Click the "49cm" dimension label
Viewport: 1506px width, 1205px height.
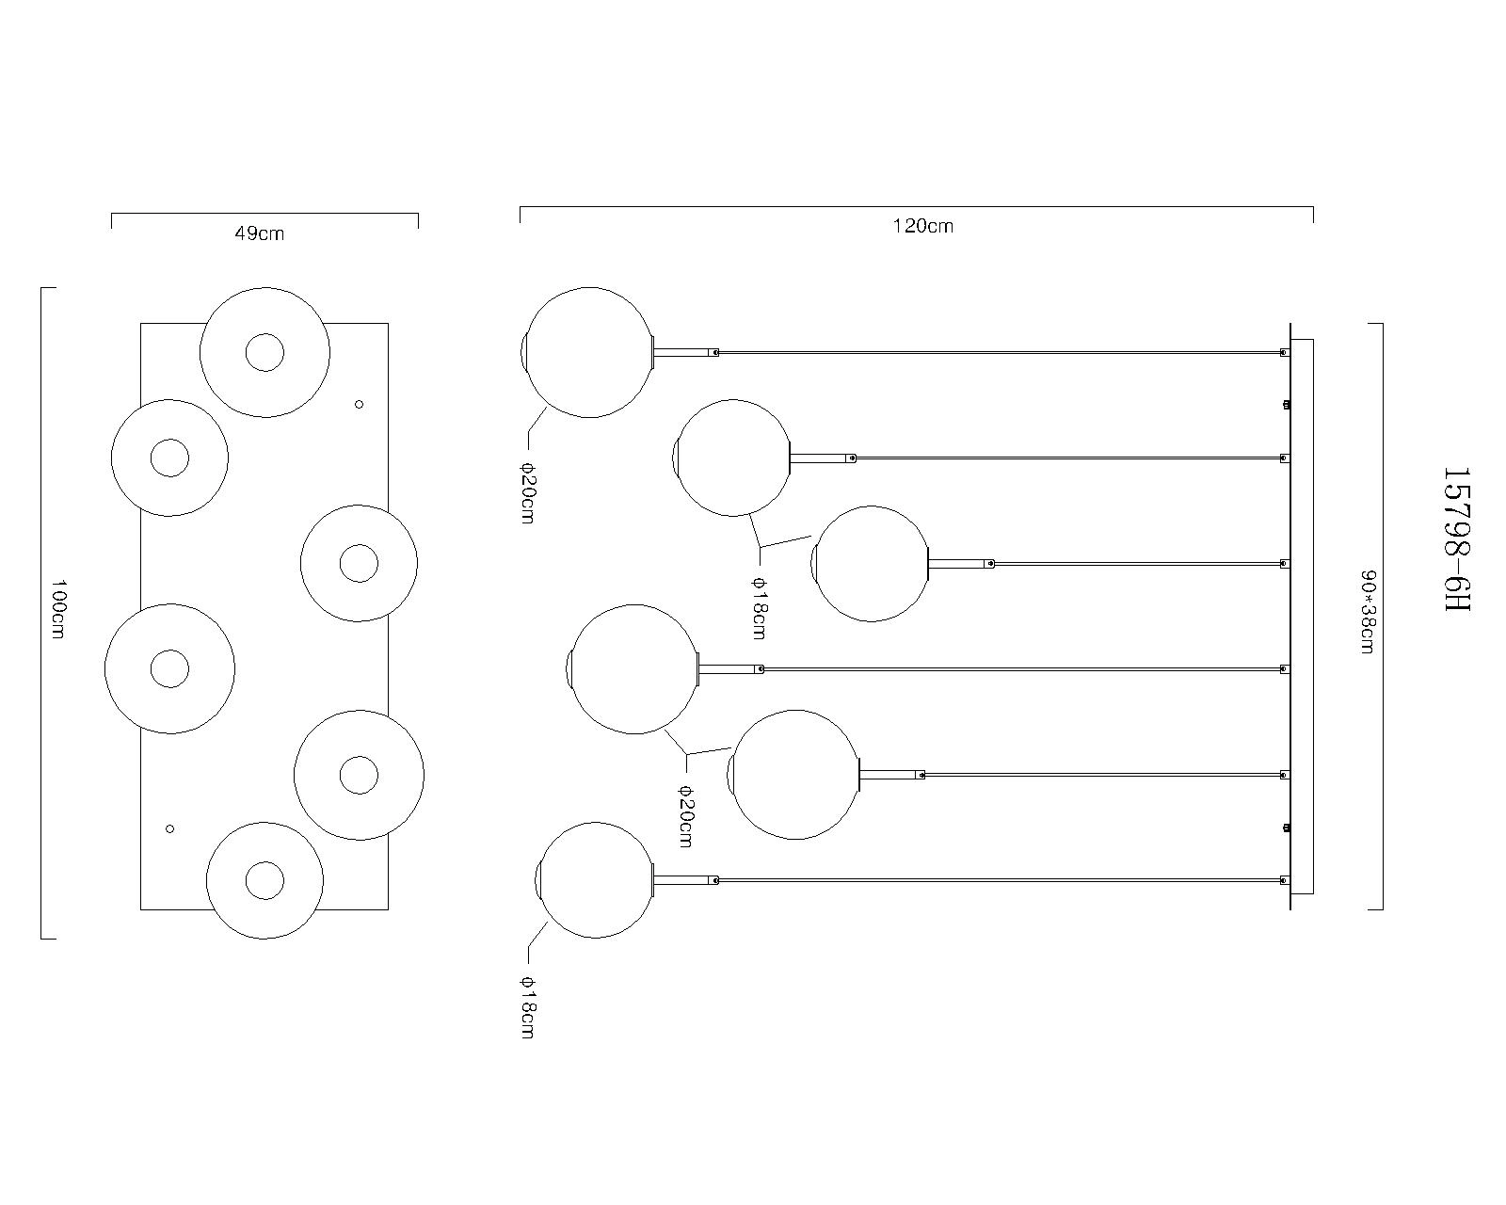[x=260, y=233]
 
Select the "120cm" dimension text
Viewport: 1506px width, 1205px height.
[x=923, y=226]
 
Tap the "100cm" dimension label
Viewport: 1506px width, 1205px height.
[x=58, y=608]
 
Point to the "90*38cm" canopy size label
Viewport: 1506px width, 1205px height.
[x=1368, y=612]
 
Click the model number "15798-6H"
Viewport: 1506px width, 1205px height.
[x=1458, y=539]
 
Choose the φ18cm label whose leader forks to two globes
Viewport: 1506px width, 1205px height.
[x=760, y=608]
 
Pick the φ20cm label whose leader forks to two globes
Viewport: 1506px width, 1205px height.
[x=686, y=815]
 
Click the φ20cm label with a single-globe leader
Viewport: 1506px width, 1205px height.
[x=528, y=493]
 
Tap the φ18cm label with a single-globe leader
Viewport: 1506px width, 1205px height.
[x=528, y=1007]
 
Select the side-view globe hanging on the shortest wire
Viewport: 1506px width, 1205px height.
[x=870, y=564]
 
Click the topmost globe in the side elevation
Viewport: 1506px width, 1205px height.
[x=588, y=352]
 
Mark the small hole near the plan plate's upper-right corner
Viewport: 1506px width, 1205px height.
[x=359, y=404]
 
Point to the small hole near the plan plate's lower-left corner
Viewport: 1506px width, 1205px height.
[x=169, y=829]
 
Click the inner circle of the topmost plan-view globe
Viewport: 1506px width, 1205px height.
[x=264, y=352]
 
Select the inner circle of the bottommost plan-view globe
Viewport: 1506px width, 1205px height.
[x=264, y=880]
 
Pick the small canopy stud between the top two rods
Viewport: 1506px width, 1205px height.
[x=1287, y=404]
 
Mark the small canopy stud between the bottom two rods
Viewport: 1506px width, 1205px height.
[x=1287, y=827]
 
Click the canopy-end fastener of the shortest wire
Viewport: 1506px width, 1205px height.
[x=1284, y=564]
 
